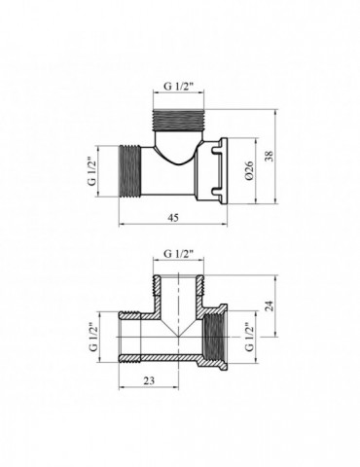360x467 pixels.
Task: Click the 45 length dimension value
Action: point(173,218)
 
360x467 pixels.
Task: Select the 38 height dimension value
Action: point(270,156)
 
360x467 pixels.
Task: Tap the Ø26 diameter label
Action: point(250,171)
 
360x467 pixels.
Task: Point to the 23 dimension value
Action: point(149,380)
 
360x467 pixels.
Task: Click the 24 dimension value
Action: point(270,305)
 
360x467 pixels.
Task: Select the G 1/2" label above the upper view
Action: point(178,87)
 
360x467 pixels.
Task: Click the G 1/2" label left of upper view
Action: point(92,171)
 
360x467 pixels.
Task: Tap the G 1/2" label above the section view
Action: point(178,254)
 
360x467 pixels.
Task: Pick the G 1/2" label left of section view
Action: point(92,337)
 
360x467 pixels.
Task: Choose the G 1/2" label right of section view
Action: point(250,337)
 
